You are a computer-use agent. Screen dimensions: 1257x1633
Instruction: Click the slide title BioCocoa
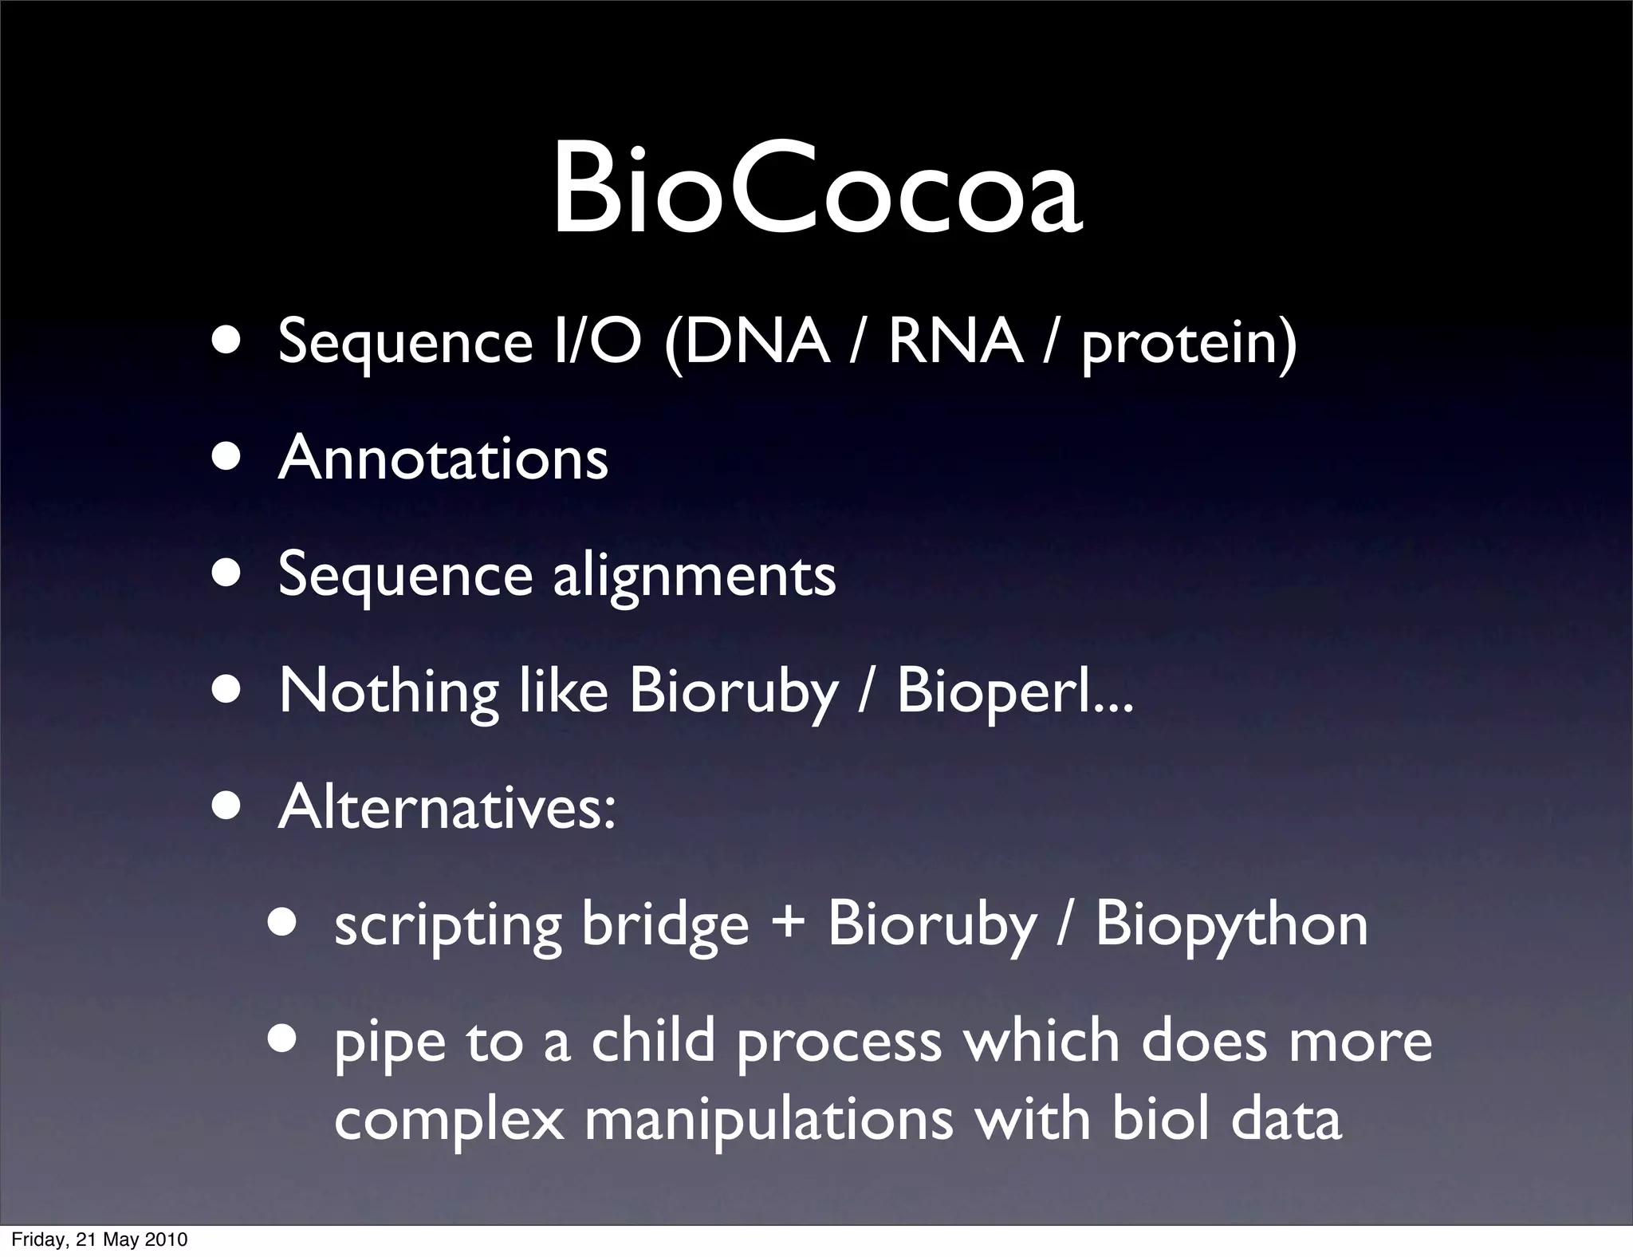[x=816, y=190]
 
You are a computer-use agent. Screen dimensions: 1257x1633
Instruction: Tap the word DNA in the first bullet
[x=756, y=342]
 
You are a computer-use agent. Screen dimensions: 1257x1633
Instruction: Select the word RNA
[x=955, y=342]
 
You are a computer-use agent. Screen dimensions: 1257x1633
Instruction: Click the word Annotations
[x=443, y=459]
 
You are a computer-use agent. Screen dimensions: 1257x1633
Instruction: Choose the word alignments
[x=694, y=577]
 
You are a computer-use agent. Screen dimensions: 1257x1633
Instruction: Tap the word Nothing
[x=388, y=692]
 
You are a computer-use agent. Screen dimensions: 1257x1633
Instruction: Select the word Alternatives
[x=447, y=807]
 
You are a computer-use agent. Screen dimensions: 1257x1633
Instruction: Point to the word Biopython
[x=1231, y=925]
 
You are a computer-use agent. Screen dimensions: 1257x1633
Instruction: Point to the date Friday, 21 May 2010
[x=100, y=1239]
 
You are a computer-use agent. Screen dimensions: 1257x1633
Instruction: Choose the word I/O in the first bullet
[x=597, y=342]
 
